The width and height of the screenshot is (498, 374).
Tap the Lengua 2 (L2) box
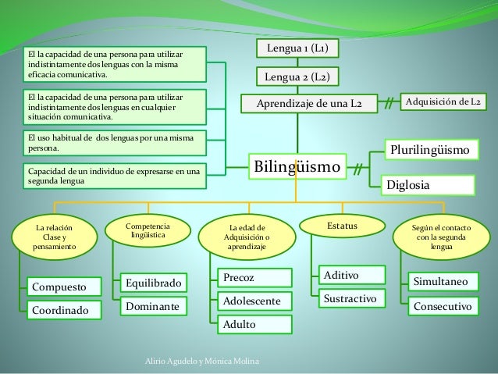tap(297, 77)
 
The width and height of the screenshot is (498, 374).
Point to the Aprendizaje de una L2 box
tap(312, 103)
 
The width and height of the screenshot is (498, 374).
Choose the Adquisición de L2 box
tap(443, 102)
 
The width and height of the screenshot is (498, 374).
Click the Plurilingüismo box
tap(429, 148)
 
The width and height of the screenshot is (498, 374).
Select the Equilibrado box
tap(154, 282)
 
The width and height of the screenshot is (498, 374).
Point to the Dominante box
tap(154, 308)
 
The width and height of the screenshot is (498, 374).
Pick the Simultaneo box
tap(443, 281)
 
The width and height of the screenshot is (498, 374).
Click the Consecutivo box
tap(443, 307)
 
